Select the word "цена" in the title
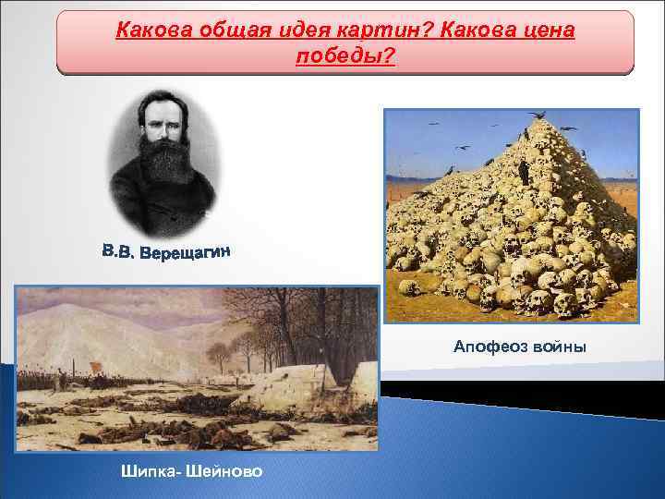[546, 30]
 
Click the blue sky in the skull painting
[434, 139]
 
